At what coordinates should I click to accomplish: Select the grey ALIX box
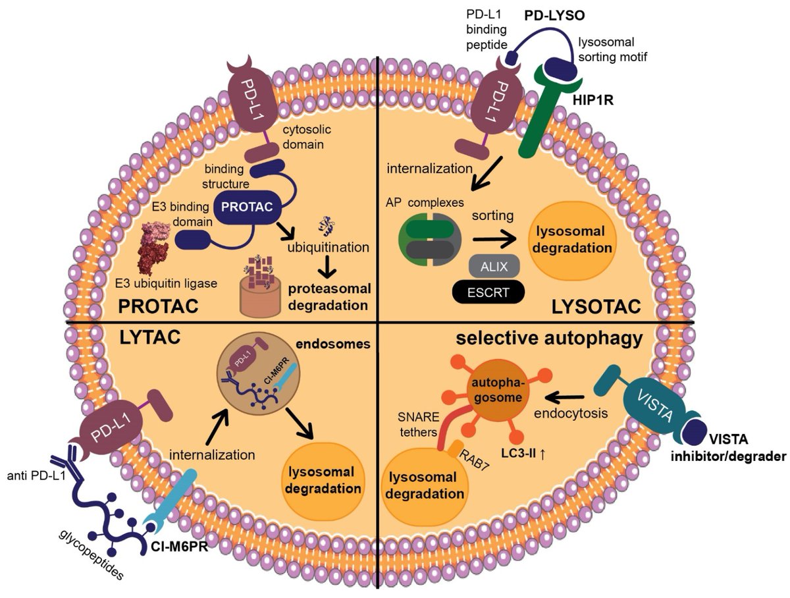pyautogui.click(x=494, y=265)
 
